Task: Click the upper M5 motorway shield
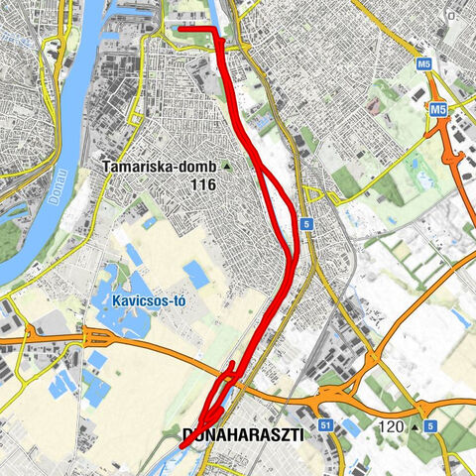(x=425, y=63)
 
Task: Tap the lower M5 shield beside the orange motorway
(x=437, y=107)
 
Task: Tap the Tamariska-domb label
(x=159, y=167)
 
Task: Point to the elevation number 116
(x=204, y=184)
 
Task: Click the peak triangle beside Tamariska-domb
(x=226, y=167)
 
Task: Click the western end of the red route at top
(x=180, y=30)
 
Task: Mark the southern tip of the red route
(x=183, y=446)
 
